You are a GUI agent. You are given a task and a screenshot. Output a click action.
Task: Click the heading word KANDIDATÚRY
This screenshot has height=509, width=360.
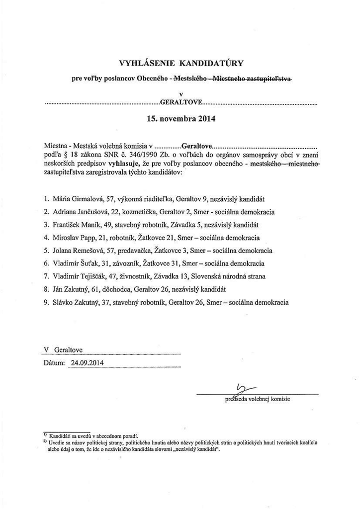[211, 63]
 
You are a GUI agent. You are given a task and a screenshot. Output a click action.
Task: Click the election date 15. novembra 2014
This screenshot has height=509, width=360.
[180, 119]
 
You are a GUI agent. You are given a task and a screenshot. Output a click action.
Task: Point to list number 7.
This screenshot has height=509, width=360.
[46, 276]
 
